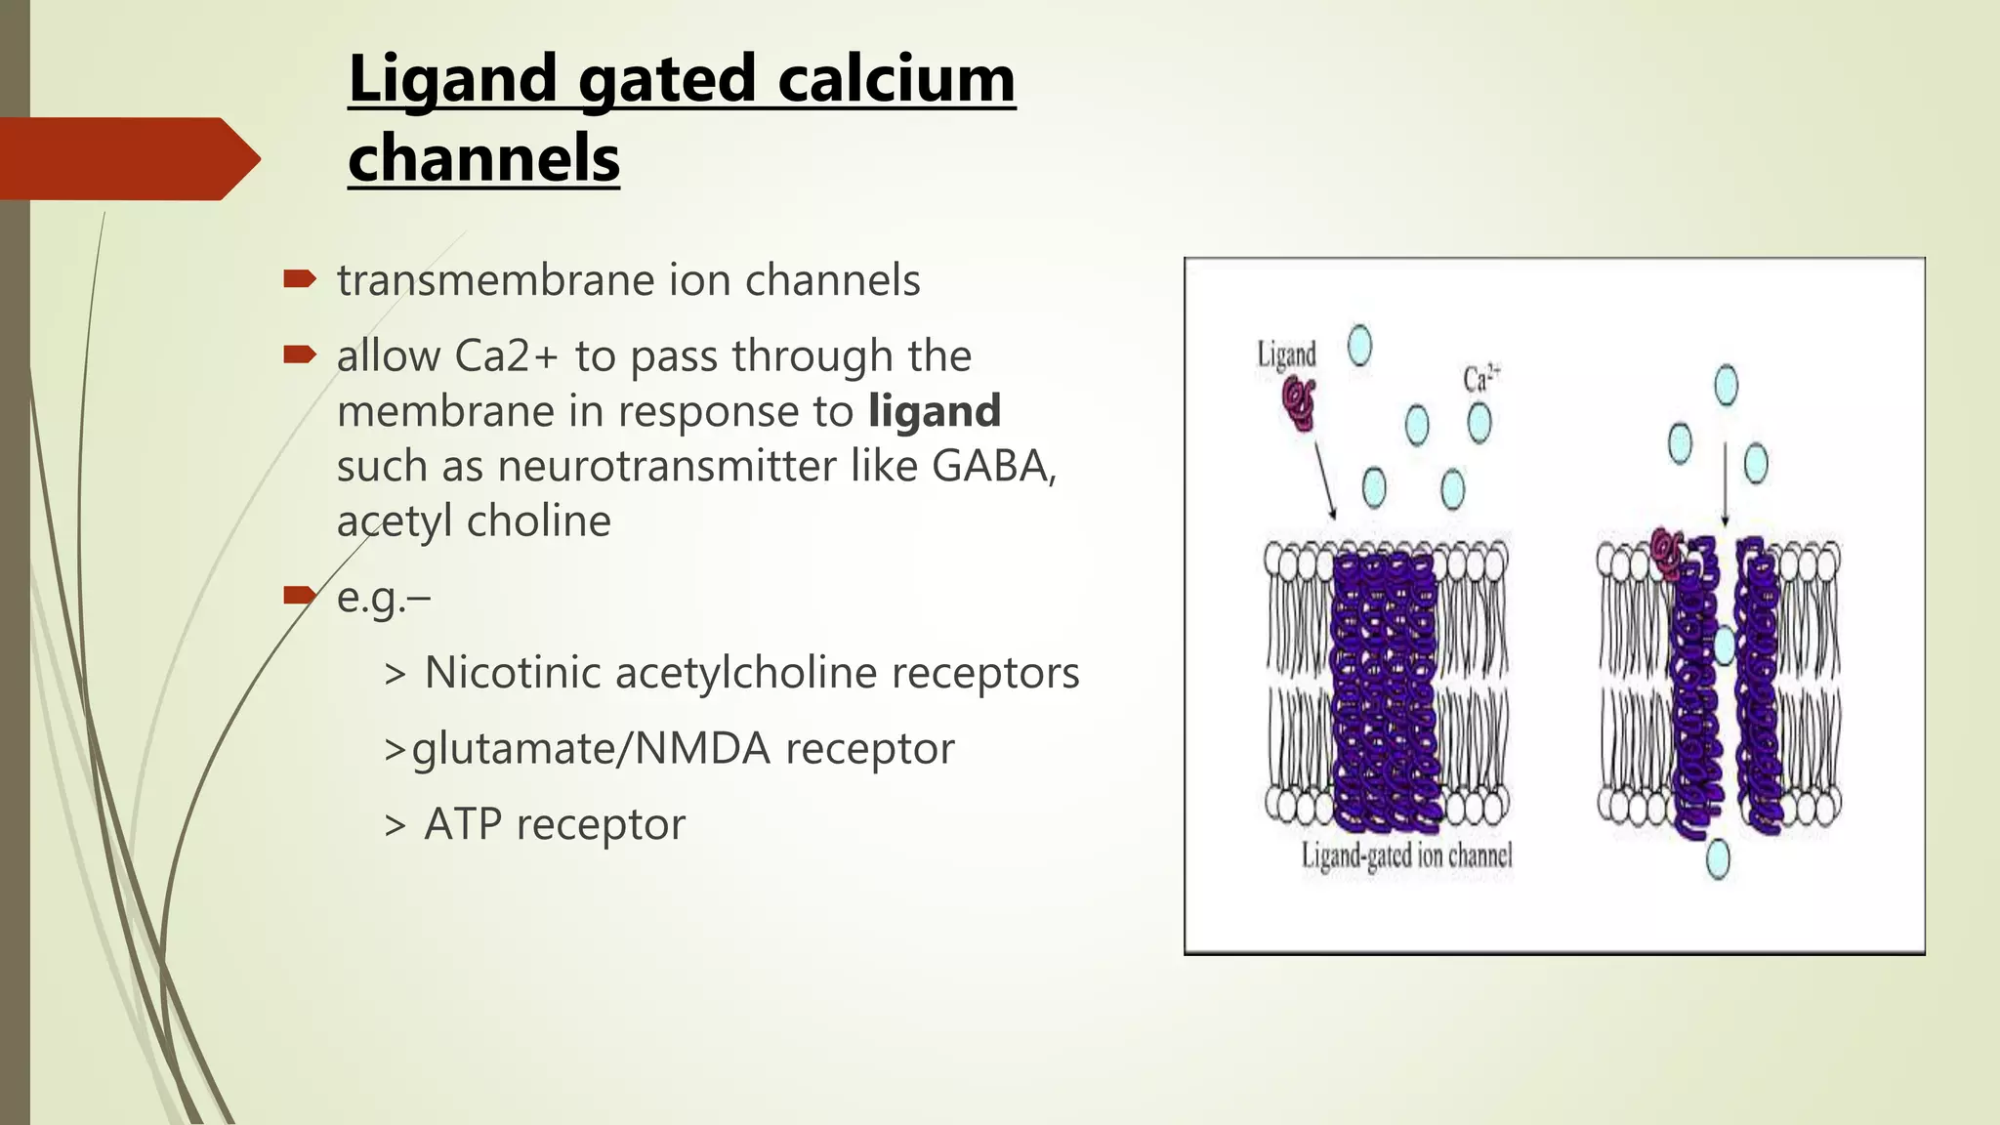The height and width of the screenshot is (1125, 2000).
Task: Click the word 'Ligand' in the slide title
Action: pos(454,80)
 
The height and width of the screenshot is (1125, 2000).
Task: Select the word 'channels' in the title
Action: pos(483,158)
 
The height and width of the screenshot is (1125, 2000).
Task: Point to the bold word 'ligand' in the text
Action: pos(935,411)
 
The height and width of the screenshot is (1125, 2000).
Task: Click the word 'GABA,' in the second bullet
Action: pos(994,466)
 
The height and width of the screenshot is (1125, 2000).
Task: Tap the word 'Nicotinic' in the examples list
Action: pos(513,673)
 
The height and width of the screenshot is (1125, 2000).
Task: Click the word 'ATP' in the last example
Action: pos(463,824)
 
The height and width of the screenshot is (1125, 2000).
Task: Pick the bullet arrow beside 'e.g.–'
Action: pos(300,595)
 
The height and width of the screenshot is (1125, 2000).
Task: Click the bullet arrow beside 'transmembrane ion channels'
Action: pos(300,280)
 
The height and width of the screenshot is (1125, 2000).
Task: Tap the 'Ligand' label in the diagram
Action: pos(1286,354)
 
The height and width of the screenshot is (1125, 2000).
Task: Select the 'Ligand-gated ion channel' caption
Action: pos(1406,856)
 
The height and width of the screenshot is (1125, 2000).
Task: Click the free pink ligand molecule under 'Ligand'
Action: pos(1300,402)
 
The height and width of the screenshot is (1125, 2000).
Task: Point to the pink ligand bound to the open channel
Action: pos(1666,553)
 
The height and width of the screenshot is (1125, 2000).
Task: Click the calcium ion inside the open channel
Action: pos(1724,645)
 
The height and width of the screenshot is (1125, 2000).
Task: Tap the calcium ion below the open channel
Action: pos(1717,859)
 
